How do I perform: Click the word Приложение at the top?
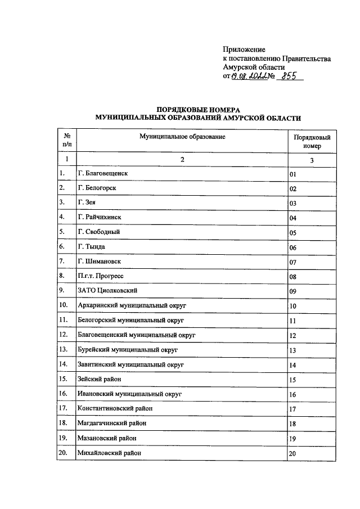point(244,49)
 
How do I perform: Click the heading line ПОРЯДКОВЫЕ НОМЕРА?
point(198,109)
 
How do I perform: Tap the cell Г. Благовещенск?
point(103,173)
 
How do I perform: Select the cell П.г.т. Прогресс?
point(100,276)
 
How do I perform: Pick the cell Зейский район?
point(99,379)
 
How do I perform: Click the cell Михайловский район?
point(109,452)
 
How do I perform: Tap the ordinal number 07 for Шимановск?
point(292,262)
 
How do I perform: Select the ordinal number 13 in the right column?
point(292,350)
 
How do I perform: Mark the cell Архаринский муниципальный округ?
point(132,305)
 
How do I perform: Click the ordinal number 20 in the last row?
point(292,453)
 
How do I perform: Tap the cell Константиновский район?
point(114,408)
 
